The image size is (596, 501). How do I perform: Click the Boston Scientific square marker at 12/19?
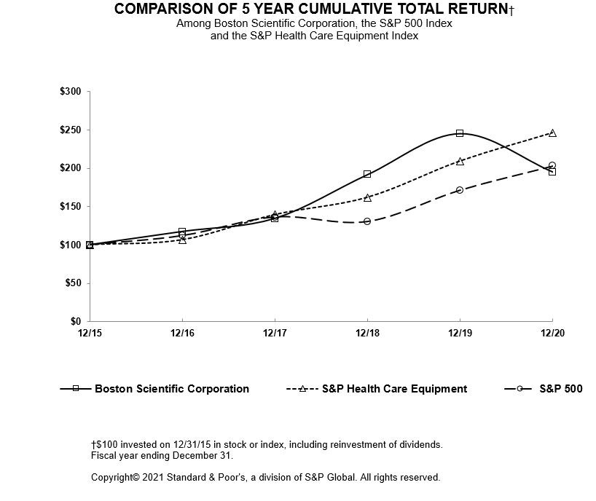[460, 133]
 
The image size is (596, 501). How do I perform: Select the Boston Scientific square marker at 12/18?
[367, 174]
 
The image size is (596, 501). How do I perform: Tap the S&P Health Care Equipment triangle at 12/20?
[552, 133]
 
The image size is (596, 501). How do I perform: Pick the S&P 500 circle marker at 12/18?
[367, 221]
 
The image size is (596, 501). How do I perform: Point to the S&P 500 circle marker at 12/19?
[460, 190]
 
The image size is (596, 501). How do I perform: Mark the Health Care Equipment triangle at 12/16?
[182, 240]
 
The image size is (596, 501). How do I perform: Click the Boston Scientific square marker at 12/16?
[182, 232]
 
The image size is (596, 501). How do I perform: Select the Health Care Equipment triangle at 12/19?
[460, 161]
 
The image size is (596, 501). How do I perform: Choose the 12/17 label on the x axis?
[275, 334]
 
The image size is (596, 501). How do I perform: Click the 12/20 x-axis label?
[552, 334]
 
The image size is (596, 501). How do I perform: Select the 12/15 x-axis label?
[90, 334]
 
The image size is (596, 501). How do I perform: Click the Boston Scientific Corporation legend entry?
[171, 389]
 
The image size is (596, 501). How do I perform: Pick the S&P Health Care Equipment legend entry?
[394, 389]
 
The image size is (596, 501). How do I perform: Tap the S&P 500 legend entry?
[560, 389]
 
